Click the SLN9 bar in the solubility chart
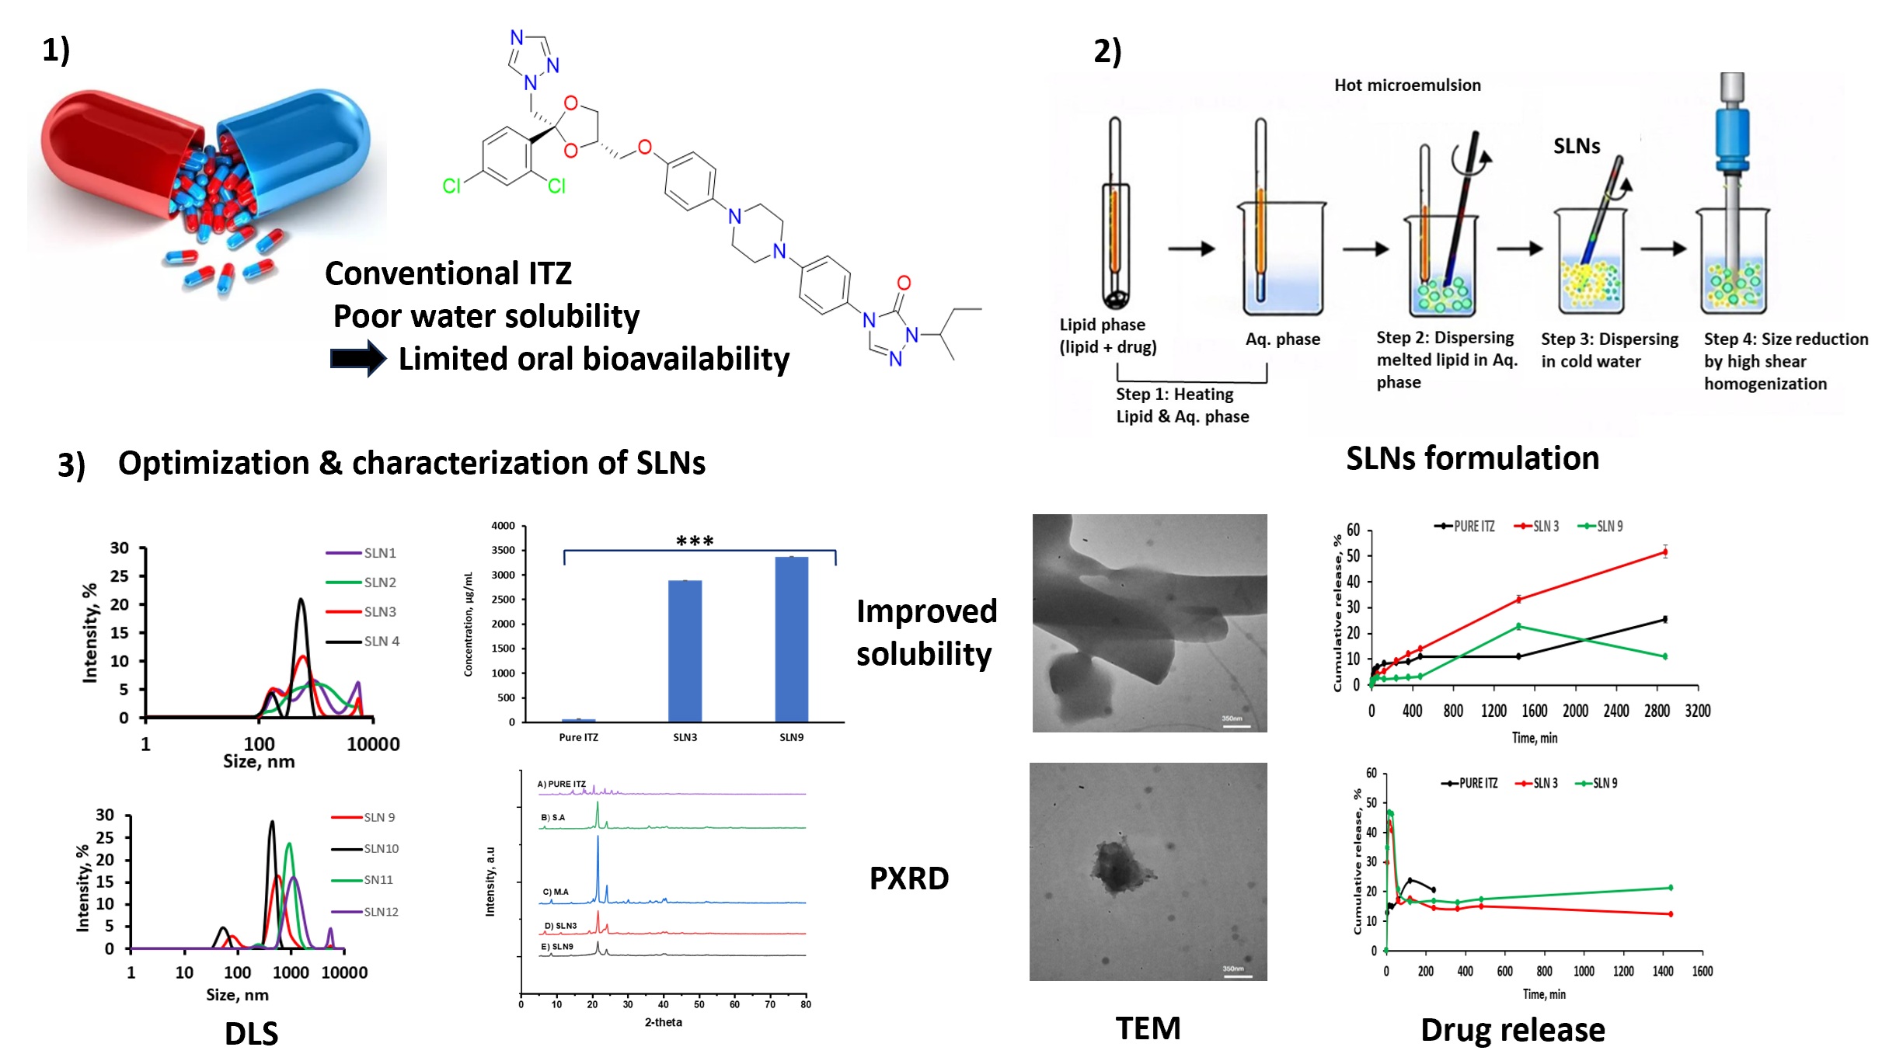[x=791, y=638]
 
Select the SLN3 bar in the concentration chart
[x=685, y=651]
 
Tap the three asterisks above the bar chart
[x=695, y=541]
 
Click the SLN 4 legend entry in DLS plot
[x=381, y=642]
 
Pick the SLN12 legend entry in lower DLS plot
[x=380, y=912]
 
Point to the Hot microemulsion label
[x=1407, y=85]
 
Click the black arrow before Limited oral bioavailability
[x=357, y=359]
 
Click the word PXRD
[x=908, y=878]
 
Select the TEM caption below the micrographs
[x=1148, y=1028]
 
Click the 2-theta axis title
[x=663, y=1022]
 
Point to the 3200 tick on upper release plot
[x=1697, y=711]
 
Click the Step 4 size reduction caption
[x=1784, y=361]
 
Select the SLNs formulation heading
[x=1472, y=458]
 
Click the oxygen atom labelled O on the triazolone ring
[x=904, y=284]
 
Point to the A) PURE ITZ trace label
[x=562, y=784]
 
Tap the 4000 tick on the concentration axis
[x=504, y=526]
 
